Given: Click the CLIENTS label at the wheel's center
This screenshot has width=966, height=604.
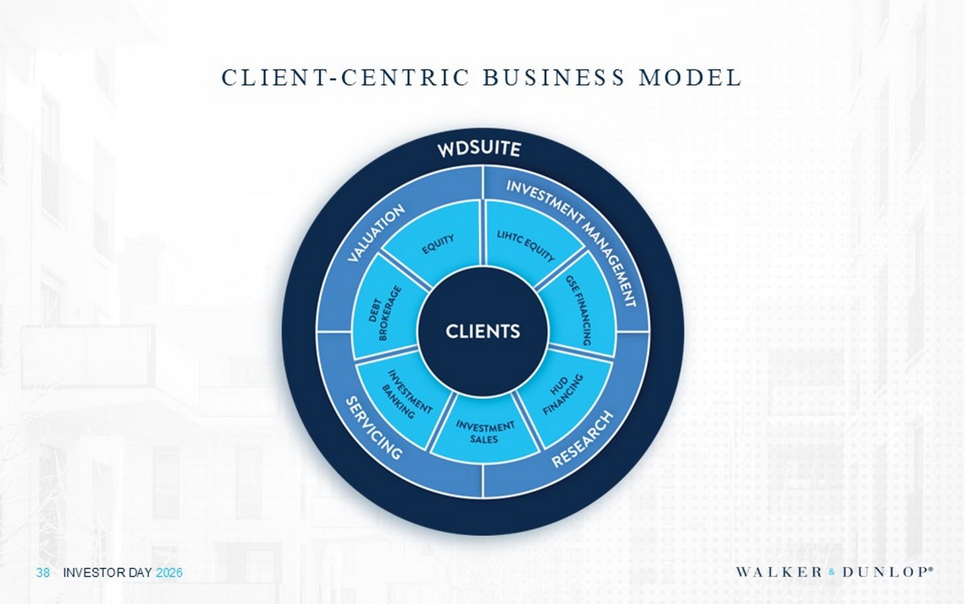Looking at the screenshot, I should click(x=482, y=332).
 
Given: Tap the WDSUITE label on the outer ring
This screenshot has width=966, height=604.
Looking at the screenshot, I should click(x=479, y=149).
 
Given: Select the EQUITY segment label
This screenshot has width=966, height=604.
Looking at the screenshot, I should click(x=438, y=244).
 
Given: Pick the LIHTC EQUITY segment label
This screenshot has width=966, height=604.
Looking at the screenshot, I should click(x=526, y=246).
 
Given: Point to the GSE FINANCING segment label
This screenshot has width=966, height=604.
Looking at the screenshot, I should click(x=578, y=310).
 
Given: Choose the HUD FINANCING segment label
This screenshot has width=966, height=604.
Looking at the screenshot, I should click(x=563, y=393).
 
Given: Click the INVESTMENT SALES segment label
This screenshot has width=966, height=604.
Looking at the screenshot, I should click(x=485, y=432).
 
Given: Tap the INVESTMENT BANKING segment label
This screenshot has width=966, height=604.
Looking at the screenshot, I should click(x=408, y=394).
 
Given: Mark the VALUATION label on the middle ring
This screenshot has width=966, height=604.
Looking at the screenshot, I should click(x=376, y=233).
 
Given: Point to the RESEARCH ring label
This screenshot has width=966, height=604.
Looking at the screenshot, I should click(x=582, y=439).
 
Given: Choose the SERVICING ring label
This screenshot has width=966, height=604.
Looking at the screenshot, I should click(x=374, y=428).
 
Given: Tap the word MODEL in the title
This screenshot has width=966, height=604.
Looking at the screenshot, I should click(x=690, y=78).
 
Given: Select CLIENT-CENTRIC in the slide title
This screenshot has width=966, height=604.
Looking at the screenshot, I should click(x=345, y=78).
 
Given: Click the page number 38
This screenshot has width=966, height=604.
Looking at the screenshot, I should click(x=43, y=572).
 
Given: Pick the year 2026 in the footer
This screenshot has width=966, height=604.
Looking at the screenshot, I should click(x=169, y=572).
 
